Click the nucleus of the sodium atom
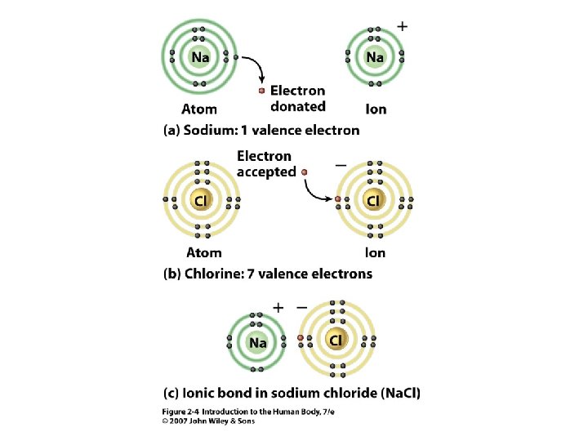pos(199,57)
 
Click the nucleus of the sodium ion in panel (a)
pos(375,57)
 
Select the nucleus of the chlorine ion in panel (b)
pos(374,199)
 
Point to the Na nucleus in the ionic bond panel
pos(258,343)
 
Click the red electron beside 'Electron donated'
pos(262,91)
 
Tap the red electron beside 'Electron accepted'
pos(304,172)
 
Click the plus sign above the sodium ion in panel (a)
pos(402,26)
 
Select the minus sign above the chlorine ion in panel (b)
pos(340,163)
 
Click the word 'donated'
pos(298,106)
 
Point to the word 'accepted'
pos(265,171)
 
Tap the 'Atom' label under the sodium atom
pos(199,109)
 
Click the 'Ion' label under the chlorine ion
pos(375,252)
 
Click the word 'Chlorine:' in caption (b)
pos(216,274)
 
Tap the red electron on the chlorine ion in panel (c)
pos(301,337)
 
